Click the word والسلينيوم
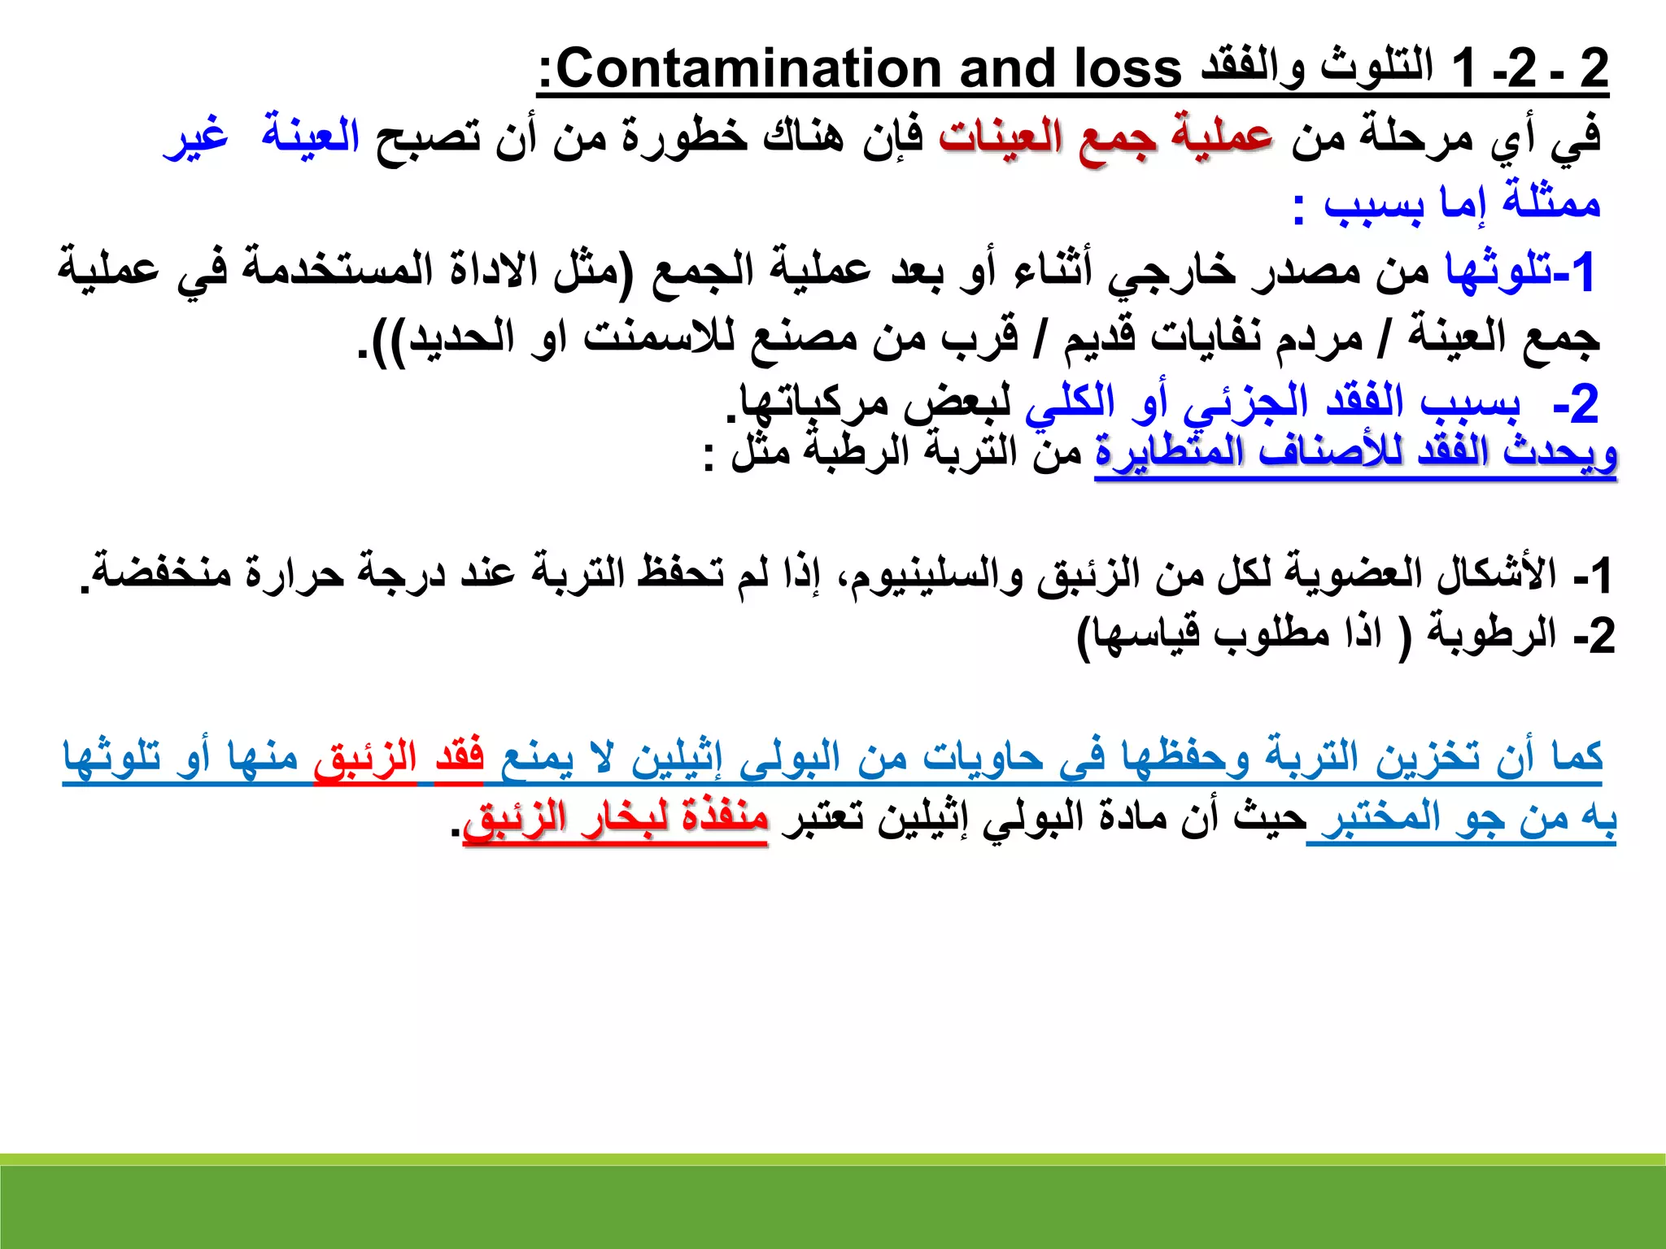pyautogui.click(x=931, y=574)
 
